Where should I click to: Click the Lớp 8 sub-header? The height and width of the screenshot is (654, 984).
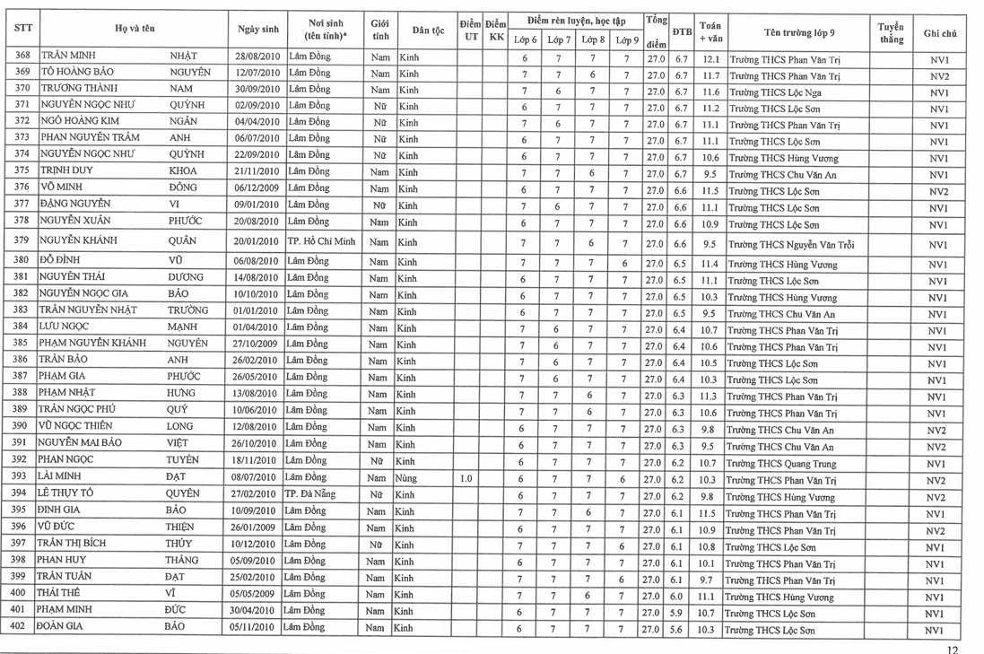click(x=592, y=40)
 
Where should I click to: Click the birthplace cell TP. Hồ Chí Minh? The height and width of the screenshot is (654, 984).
click(x=321, y=241)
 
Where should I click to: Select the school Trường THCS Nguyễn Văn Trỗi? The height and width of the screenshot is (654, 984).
click(x=791, y=245)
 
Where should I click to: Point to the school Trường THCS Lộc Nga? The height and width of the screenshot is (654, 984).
click(x=776, y=93)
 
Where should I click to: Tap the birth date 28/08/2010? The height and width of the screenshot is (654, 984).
click(x=257, y=57)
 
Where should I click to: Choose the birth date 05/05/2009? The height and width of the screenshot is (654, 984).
click(x=257, y=594)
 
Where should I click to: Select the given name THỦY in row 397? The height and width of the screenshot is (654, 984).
click(x=178, y=544)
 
